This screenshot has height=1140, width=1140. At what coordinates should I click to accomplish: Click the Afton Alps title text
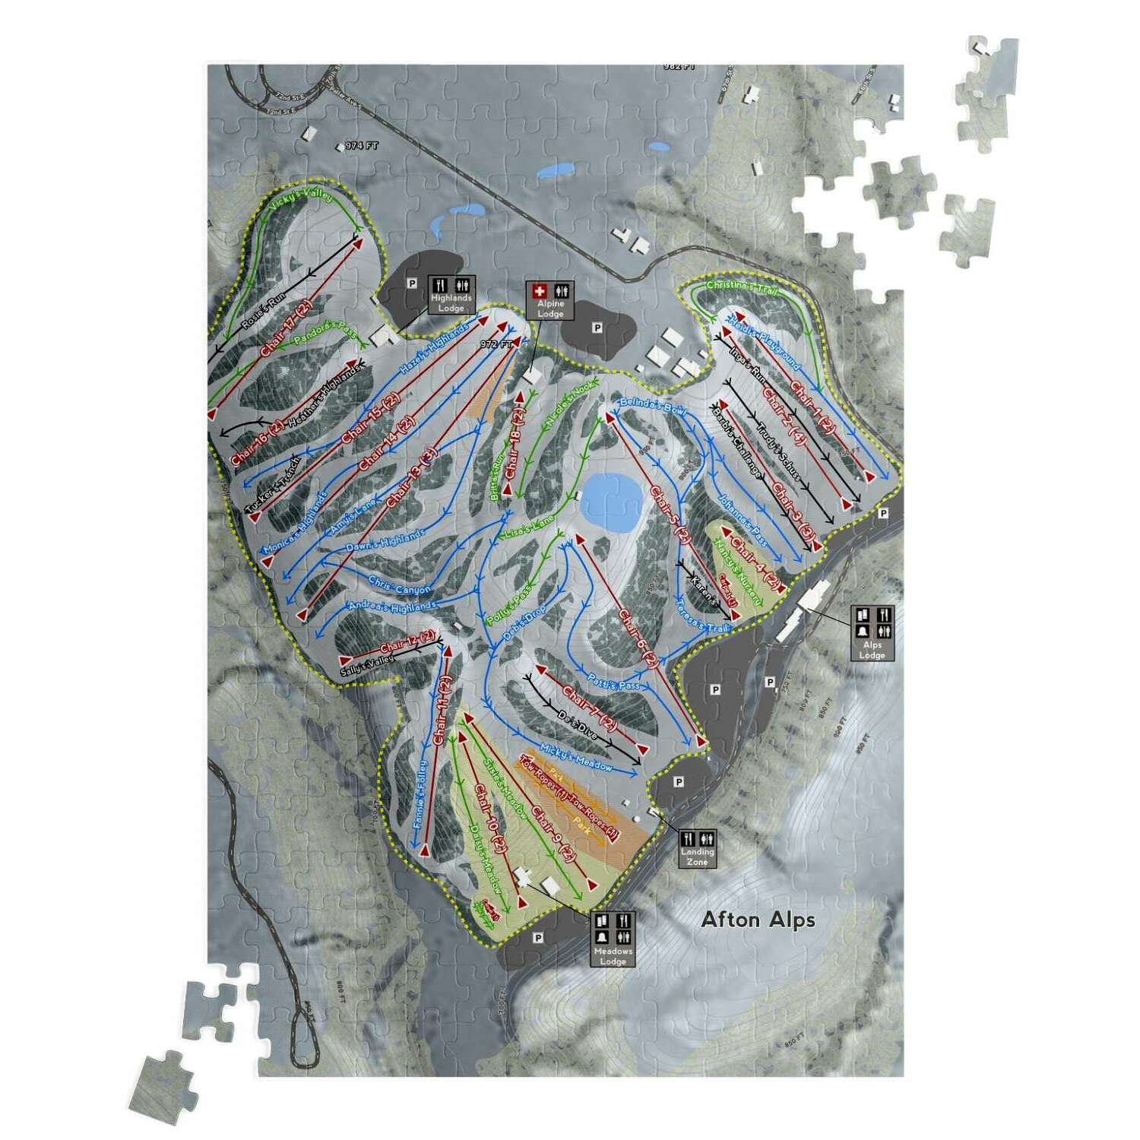coord(758,920)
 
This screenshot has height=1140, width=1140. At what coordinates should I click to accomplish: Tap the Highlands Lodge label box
coord(451,295)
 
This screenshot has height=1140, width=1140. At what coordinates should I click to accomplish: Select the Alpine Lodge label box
coord(550,301)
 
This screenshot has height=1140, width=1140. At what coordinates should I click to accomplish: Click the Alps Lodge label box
coord(872,633)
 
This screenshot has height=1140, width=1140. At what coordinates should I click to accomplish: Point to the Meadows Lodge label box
coord(613,939)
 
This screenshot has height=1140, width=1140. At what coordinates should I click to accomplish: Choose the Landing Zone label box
coord(697,847)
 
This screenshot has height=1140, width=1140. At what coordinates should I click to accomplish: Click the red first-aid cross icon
coord(540,290)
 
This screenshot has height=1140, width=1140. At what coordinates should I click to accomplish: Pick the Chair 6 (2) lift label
coord(638,638)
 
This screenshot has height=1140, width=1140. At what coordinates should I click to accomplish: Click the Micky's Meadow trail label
coord(575,756)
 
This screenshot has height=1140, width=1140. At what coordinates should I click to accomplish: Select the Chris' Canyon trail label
coord(399,584)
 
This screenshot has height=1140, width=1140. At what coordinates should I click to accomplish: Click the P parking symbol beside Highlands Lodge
coord(412,283)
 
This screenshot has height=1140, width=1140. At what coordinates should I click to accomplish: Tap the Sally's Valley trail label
coord(369,665)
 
